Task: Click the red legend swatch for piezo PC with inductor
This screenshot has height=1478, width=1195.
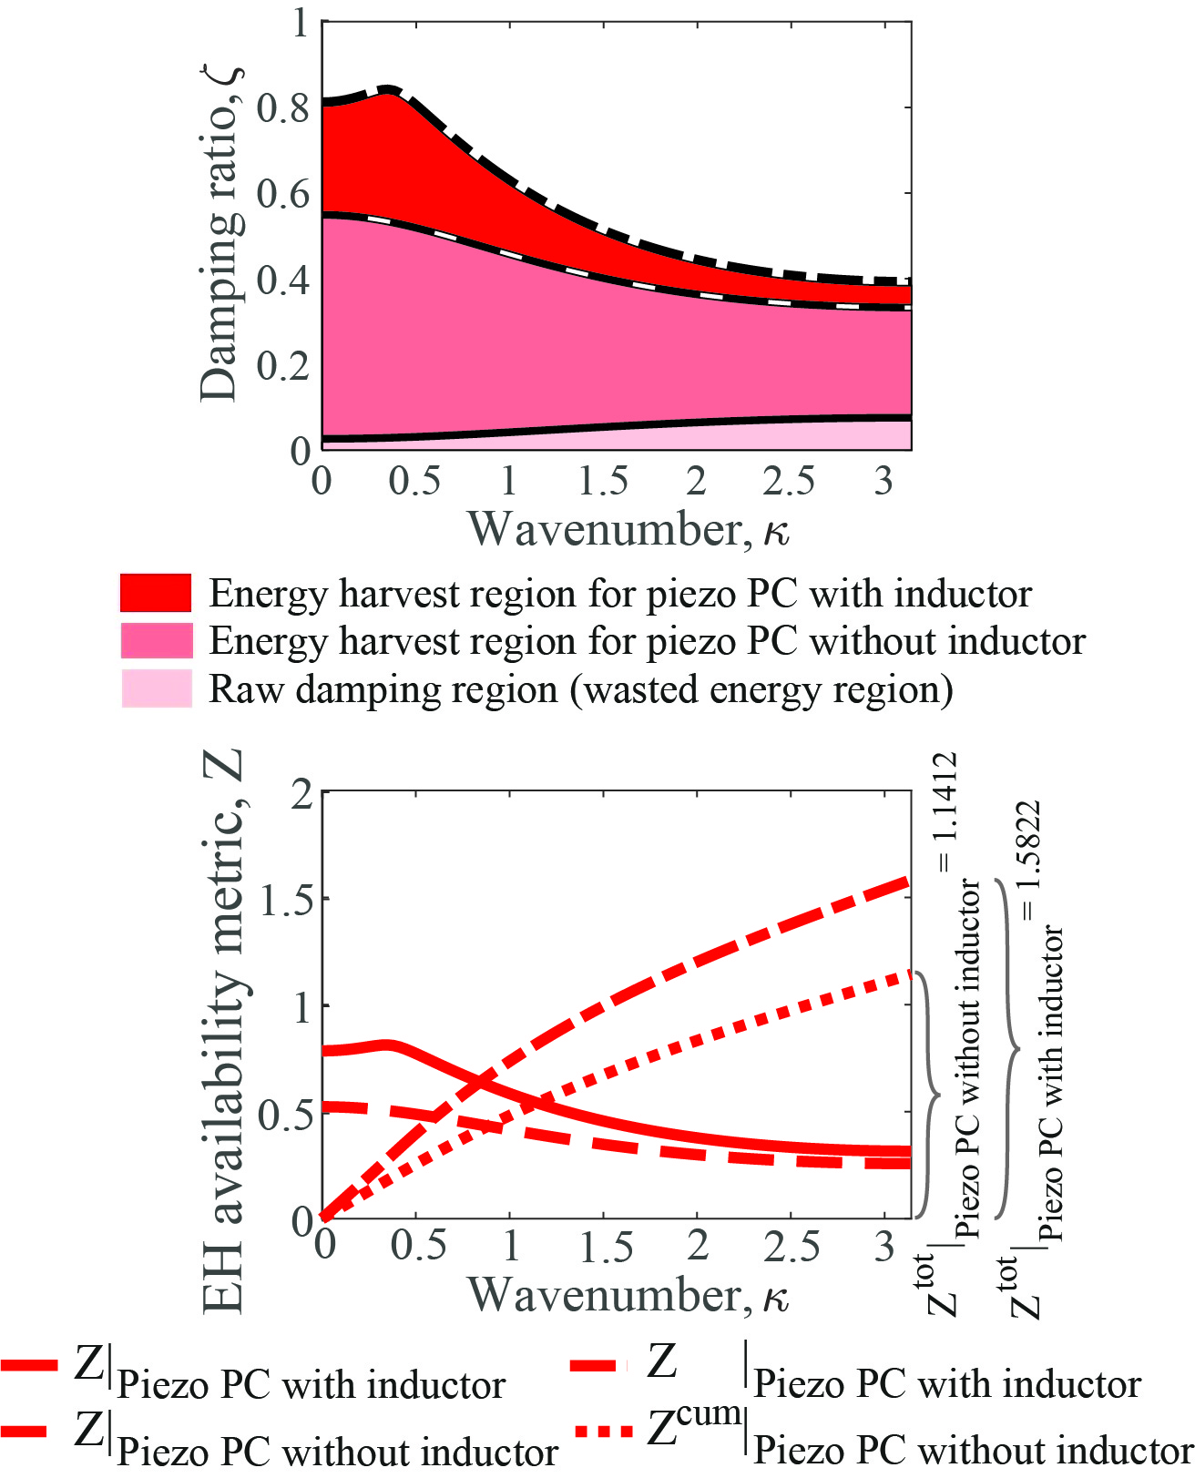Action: [x=156, y=593]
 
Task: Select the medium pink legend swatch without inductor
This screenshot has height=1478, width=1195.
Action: [x=156, y=640]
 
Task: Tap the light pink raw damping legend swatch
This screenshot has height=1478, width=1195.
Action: [x=156, y=688]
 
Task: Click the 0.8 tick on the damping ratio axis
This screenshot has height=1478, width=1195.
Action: [x=283, y=107]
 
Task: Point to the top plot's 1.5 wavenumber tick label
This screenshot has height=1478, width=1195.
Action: [x=603, y=481]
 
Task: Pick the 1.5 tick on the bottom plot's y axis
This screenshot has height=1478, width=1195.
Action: [x=283, y=900]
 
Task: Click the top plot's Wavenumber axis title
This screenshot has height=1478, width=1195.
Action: [x=628, y=528]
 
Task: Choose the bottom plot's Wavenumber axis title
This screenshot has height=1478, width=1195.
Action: [x=628, y=1294]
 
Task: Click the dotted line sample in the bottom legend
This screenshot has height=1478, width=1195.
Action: [x=602, y=1432]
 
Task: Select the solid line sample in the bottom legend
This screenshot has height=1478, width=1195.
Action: [x=29, y=1366]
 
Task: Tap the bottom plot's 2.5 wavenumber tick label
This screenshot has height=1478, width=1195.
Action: [x=791, y=1247]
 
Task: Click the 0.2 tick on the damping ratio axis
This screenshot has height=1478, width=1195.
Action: [x=283, y=365]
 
